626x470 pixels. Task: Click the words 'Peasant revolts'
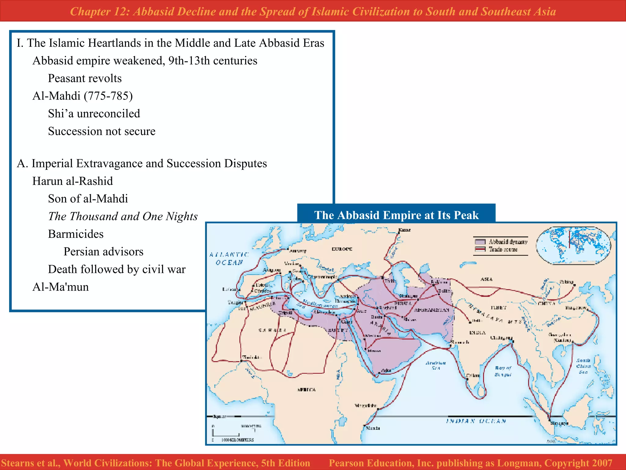pos(85,78)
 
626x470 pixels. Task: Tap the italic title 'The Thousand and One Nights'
pos(123,216)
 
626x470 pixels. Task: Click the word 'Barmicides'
pos(76,234)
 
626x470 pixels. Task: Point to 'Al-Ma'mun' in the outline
pos(61,287)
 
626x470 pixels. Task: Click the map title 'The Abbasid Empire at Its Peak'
pos(396,215)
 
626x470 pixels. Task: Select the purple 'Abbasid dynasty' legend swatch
pos(480,242)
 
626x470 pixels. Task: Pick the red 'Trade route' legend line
pos(480,249)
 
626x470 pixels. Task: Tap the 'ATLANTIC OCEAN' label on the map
pos(229,259)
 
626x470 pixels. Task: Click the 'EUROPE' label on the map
pos(342,249)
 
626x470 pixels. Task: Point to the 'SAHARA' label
pos(272,330)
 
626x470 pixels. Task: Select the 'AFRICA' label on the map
pos(306,390)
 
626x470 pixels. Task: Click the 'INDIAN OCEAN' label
pos(476,421)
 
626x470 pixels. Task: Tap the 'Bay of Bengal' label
pos(503,371)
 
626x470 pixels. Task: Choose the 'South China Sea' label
pos(583,366)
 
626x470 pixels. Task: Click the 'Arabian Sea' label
pos(436,365)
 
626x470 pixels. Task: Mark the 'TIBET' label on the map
pos(499,308)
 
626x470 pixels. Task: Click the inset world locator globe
pos(573,245)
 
